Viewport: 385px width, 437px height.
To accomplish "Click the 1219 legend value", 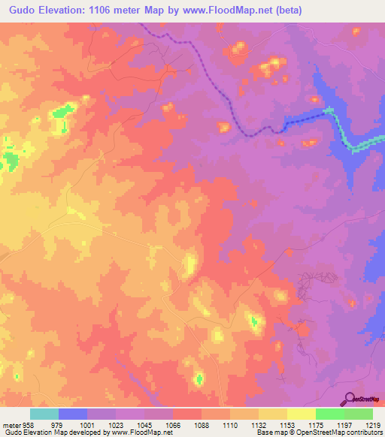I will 374,426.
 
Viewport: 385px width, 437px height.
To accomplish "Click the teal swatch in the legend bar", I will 44,414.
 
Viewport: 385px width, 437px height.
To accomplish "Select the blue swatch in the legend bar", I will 73,414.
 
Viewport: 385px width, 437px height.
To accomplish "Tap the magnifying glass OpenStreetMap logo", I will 348,398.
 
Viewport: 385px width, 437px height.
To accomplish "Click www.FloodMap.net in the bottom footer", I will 141,432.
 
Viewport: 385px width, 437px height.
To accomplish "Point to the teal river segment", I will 353,143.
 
